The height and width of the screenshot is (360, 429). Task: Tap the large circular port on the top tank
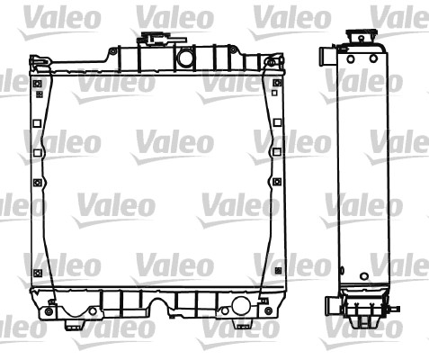186,59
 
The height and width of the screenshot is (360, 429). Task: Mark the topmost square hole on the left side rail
38,85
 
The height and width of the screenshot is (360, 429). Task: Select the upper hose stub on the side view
326,57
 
